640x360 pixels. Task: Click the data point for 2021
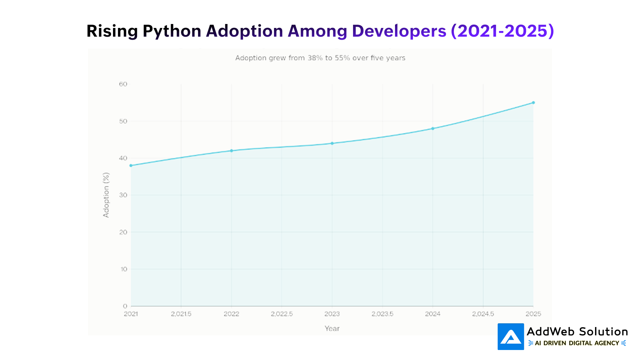[131, 165]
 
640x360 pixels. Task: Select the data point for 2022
[232, 151]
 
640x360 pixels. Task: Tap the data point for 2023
[332, 143]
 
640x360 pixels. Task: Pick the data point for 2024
[433, 128]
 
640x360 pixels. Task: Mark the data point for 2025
[533, 103]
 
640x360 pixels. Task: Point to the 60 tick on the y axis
[123, 84]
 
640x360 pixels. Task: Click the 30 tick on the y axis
[123, 195]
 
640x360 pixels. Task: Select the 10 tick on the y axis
[124, 269]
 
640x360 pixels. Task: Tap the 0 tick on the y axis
[125, 306]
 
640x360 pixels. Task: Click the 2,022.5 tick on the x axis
[282, 314]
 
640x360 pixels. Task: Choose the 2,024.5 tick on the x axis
[483, 314]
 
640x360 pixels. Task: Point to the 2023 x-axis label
[332, 314]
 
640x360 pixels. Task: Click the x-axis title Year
[332, 328]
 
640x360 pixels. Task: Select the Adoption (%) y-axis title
[106, 195]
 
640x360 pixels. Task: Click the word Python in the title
[172, 31]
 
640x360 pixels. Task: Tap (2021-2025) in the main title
[502, 31]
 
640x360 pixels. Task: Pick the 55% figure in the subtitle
[342, 58]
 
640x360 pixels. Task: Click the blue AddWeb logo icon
[511, 337]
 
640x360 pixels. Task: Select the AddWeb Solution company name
[577, 332]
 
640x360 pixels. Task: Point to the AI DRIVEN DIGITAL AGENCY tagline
[577, 343]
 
